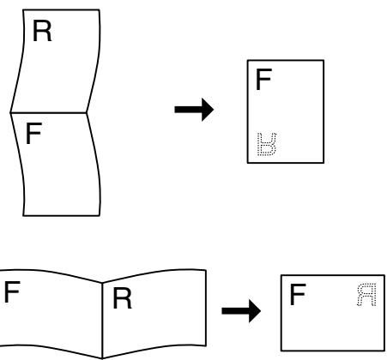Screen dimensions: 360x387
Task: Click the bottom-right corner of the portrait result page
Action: pos(323,162)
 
